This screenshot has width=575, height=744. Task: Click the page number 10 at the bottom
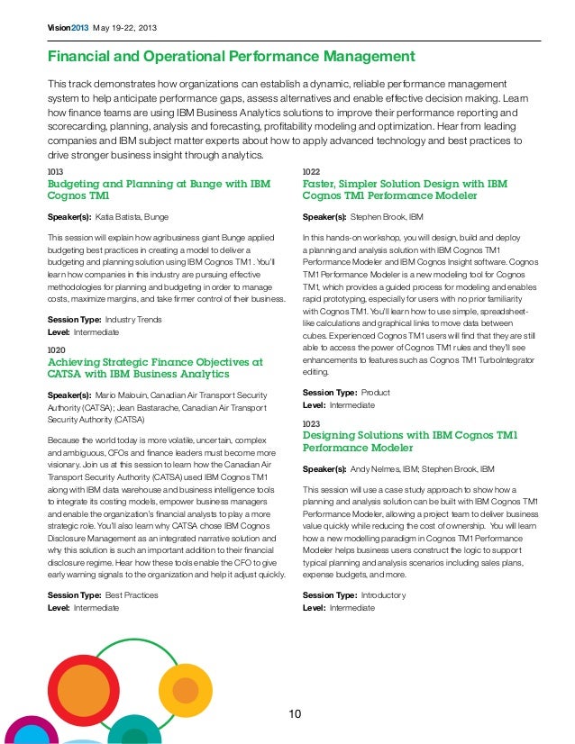pos(295,714)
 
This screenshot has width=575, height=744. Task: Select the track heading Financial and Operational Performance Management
pos(231,58)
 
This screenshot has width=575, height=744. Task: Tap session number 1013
pos(55,170)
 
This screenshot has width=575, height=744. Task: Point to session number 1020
pos(55,349)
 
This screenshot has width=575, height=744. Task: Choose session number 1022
pos(311,170)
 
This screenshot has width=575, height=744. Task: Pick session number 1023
pos(311,422)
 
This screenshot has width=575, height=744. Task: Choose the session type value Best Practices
pos(132,595)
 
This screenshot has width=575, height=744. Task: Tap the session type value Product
pos(375,393)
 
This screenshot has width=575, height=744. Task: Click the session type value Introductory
pos(383,595)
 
